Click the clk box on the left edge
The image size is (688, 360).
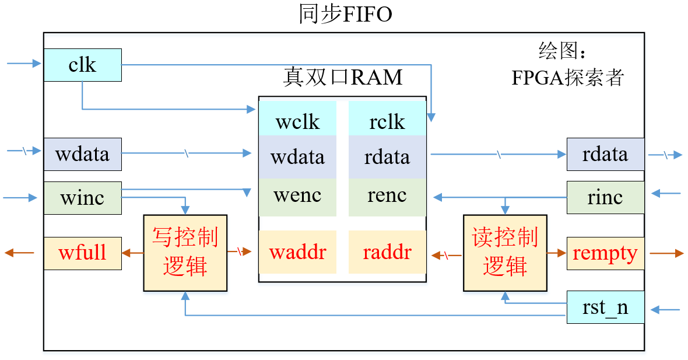82,65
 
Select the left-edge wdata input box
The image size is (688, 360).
82,154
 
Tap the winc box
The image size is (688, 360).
82,198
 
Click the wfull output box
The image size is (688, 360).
82,253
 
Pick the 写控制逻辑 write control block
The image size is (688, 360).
185,253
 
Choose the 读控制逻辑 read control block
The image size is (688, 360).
505,253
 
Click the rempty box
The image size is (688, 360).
605,253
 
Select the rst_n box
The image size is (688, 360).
605,307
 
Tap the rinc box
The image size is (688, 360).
605,197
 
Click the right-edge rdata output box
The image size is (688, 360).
605,154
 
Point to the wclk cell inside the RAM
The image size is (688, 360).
298,121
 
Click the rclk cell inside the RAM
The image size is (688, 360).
387,121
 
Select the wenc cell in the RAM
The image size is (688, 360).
298,195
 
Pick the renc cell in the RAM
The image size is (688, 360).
387,195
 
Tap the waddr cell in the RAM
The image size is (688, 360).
298,252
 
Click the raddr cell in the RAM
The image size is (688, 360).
387,252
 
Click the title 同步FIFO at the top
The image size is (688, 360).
345,14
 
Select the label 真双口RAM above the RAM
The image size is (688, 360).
343,77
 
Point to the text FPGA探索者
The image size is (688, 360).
568,77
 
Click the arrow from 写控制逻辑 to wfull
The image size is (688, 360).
133,253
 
